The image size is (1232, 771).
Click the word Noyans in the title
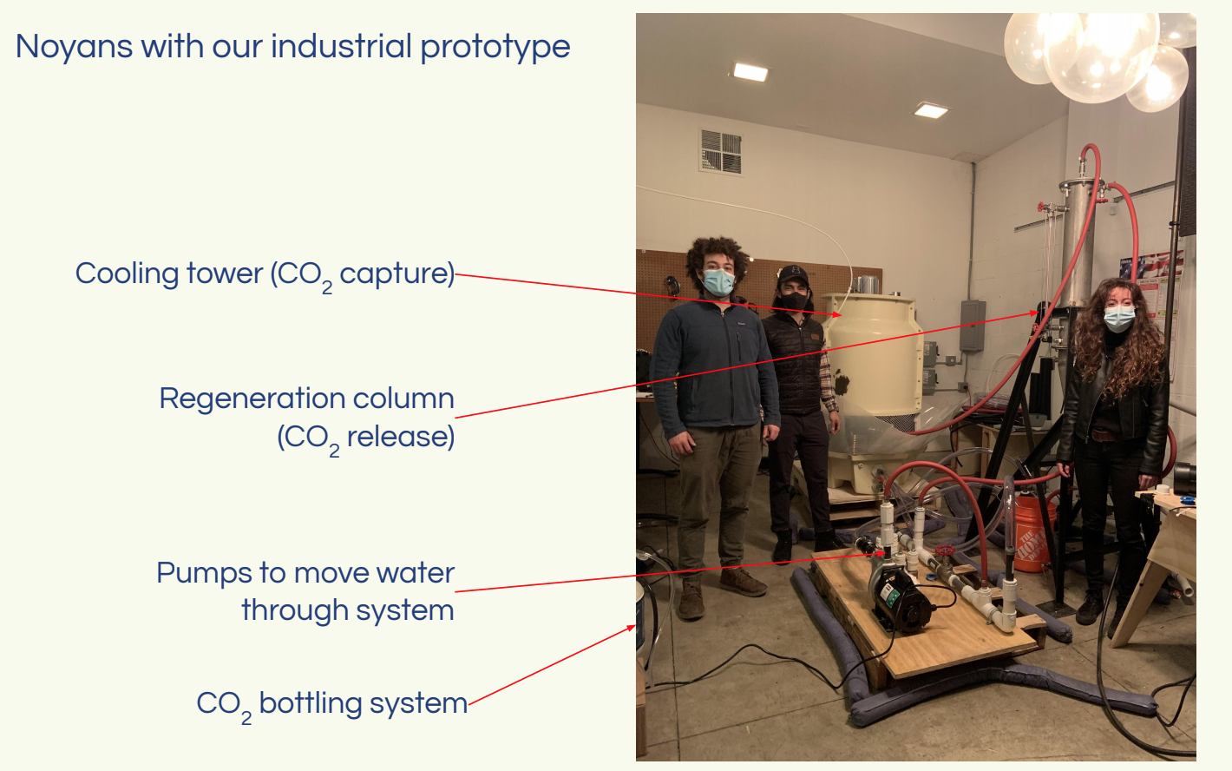click(x=74, y=48)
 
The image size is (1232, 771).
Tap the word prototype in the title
click(x=495, y=48)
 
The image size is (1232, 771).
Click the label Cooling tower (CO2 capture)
click(x=265, y=274)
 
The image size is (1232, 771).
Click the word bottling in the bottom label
click(x=310, y=702)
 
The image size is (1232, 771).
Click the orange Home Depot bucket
click(x=1034, y=533)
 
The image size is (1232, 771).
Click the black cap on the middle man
click(x=792, y=274)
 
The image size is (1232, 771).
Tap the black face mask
click(x=794, y=301)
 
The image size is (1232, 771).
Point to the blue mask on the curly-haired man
click(x=718, y=281)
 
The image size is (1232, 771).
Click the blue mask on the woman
click(x=1118, y=319)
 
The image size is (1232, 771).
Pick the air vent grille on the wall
click(x=721, y=151)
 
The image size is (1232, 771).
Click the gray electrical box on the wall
click(x=973, y=326)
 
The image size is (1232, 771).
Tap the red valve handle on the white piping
click(x=945, y=550)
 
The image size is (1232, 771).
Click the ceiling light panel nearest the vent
click(x=750, y=72)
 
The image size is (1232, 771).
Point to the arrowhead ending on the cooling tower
click(x=837, y=315)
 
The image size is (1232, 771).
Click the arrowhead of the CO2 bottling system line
click(x=631, y=628)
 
